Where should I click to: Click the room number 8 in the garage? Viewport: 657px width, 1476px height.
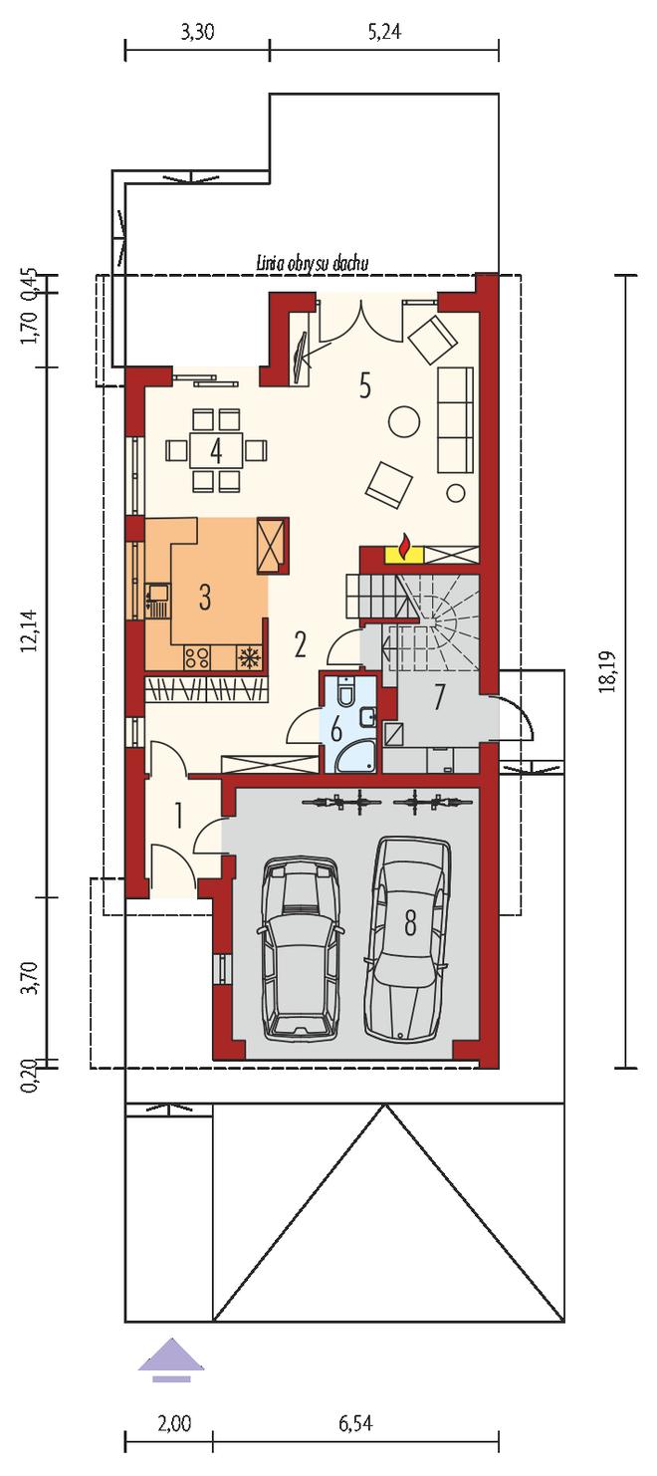[410, 923]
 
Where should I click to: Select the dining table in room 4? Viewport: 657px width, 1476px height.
[216, 450]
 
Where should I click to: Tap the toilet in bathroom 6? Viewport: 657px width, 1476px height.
[345, 691]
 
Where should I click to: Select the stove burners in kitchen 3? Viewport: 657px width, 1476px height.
[196, 657]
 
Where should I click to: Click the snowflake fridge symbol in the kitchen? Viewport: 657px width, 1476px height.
[249, 657]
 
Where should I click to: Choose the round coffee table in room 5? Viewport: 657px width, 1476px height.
[404, 421]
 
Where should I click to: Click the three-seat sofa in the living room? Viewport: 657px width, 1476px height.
[455, 418]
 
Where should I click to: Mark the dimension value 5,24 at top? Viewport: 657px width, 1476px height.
[384, 33]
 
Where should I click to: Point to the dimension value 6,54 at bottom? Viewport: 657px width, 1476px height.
[355, 1450]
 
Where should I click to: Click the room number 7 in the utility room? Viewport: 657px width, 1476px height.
[439, 697]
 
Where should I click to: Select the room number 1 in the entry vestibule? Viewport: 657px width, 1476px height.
[178, 816]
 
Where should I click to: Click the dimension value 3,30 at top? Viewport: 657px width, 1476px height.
[197, 33]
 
